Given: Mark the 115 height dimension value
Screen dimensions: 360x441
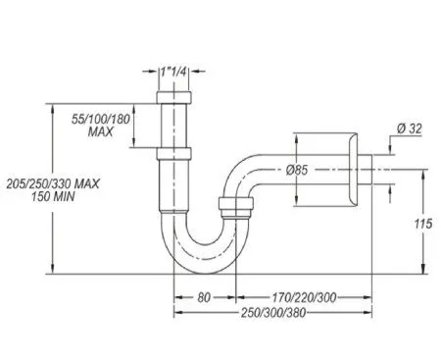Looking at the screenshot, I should (422, 225).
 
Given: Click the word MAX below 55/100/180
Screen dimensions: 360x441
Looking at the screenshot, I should (102, 131).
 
